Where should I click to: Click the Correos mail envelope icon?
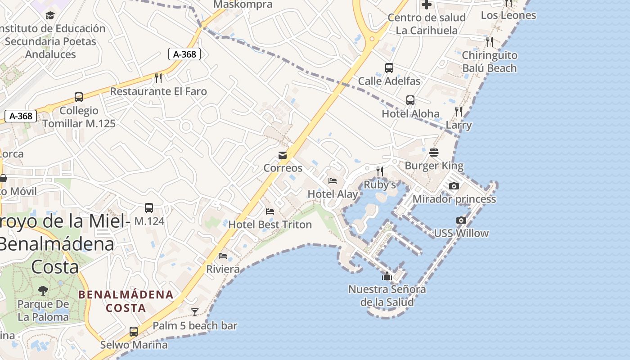[x=283, y=156]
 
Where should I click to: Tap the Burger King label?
[x=434, y=166]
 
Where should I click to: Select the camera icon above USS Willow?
[x=461, y=220]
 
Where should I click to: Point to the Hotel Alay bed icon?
[x=333, y=181]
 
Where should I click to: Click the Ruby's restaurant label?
[x=380, y=184]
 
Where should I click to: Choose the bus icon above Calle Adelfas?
[x=389, y=68]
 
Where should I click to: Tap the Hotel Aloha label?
[x=410, y=113]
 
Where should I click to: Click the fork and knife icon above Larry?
[x=459, y=111]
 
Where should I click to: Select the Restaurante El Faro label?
[x=158, y=91]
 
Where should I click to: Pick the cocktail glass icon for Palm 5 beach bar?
[x=195, y=312]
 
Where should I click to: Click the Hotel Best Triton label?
[x=270, y=224]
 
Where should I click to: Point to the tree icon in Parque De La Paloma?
[x=43, y=291]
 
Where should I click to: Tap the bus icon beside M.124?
[x=149, y=208]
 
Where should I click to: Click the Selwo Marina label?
[x=134, y=345]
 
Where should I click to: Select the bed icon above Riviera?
[x=223, y=256]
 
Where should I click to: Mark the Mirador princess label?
[x=454, y=199]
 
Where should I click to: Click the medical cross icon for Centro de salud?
[x=426, y=5]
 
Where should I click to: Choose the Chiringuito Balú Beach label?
[x=490, y=62]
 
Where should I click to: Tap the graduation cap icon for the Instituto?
[x=50, y=15]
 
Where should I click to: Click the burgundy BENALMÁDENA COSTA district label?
[x=126, y=301]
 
